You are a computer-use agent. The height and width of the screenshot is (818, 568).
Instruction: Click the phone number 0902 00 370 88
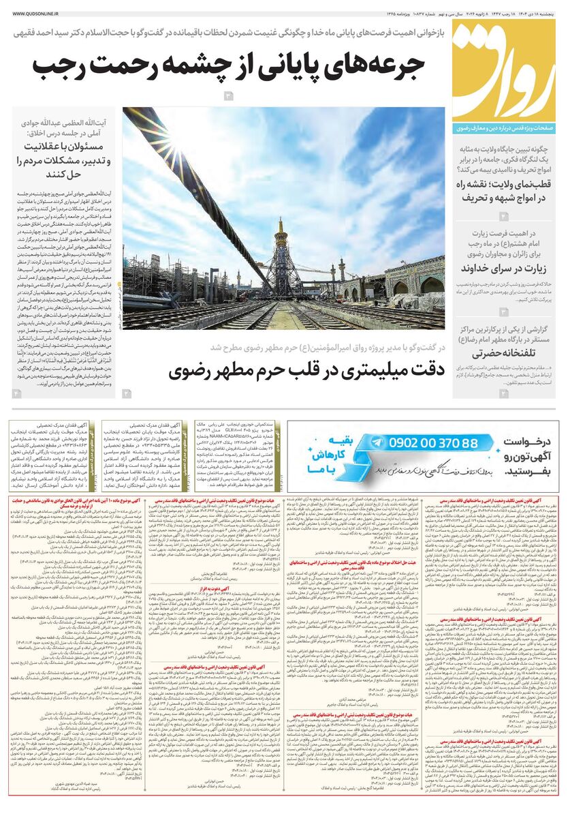click(424, 443)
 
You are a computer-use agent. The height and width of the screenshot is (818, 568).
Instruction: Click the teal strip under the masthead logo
click(504, 128)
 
